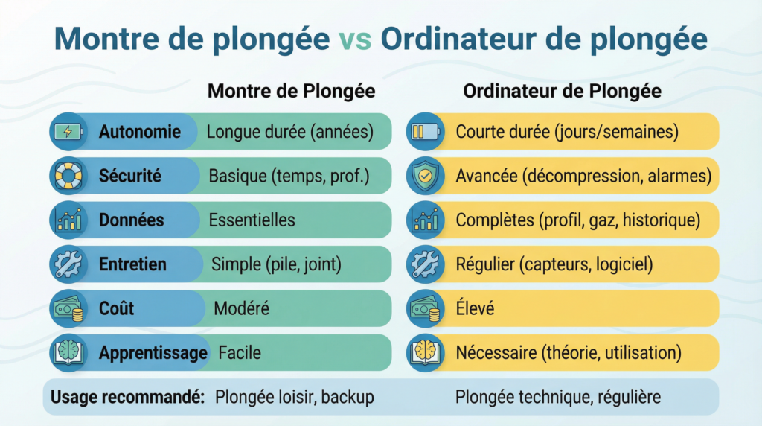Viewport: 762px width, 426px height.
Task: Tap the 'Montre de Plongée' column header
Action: coord(291,91)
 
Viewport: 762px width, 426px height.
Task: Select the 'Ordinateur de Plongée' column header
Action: coord(562,91)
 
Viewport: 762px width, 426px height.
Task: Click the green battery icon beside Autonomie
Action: coord(67,132)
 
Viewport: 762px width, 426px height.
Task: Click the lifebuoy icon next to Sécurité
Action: coord(67,176)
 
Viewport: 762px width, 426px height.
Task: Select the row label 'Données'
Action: coord(131,220)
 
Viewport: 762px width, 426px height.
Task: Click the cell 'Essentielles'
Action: coord(252,220)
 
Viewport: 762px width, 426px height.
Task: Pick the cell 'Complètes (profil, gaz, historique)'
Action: coord(577,220)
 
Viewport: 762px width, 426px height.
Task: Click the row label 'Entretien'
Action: coord(132,264)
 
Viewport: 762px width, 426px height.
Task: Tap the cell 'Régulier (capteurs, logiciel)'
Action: coord(554,264)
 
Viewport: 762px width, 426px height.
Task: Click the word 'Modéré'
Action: coord(241,308)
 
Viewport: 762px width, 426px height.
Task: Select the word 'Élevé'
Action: coord(475,308)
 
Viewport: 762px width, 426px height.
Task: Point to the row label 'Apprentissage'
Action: coord(153,352)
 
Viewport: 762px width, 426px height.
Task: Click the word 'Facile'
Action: coord(240,352)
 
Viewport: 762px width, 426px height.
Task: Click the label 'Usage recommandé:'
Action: coord(127,397)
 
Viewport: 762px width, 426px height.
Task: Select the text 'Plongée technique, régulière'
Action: coord(557,397)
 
